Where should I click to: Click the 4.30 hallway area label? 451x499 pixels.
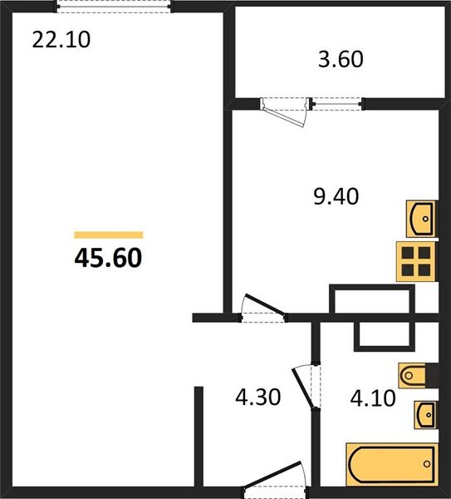(258, 398)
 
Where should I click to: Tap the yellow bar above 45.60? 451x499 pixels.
(108, 235)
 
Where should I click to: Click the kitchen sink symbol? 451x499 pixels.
(423, 219)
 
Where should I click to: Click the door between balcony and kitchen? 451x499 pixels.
(285, 110)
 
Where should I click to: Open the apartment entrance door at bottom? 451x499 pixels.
(274, 479)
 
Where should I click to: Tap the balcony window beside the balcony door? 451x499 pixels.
(337, 104)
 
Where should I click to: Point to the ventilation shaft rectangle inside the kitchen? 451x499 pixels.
(371, 300)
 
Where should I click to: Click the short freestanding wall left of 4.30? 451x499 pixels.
(199, 437)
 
